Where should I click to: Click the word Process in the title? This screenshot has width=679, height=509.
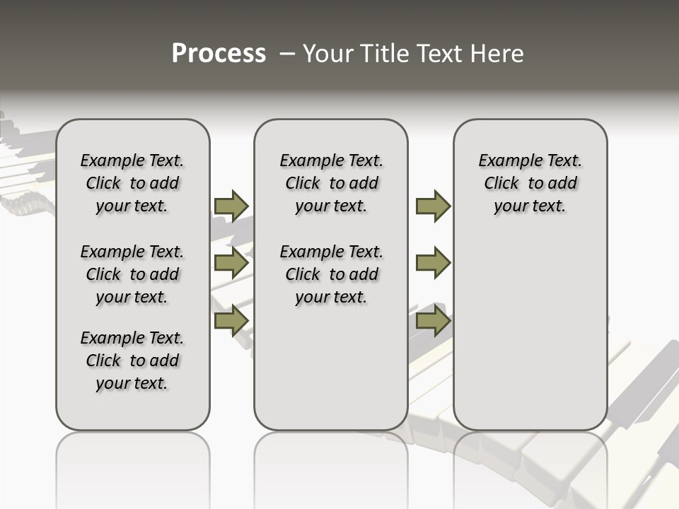(219, 54)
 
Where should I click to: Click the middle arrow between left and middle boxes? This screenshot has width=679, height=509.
(231, 263)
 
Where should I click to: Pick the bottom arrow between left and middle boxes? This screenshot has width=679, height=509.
(231, 321)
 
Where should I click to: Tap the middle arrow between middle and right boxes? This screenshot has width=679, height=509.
(433, 263)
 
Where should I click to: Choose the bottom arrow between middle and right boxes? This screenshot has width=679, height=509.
(433, 321)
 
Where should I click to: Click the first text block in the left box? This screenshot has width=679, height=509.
(132, 183)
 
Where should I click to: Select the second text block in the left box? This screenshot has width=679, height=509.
(132, 274)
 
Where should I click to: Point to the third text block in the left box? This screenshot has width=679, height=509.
(132, 361)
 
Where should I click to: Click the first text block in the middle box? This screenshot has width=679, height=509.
(332, 183)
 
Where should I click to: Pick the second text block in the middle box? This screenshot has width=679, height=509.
(332, 274)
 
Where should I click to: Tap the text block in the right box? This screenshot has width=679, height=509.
(530, 183)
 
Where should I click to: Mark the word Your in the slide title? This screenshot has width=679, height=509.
(327, 54)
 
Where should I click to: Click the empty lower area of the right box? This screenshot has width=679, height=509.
(530, 332)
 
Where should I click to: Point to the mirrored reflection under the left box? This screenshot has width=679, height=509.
(132, 467)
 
